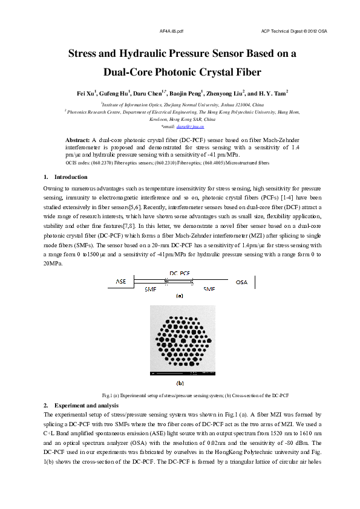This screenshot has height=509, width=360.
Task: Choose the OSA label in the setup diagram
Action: [241, 282]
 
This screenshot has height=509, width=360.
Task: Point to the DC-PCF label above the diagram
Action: [180, 274]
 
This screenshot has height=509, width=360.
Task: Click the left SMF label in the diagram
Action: [151, 290]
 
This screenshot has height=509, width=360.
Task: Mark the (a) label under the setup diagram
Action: [180, 296]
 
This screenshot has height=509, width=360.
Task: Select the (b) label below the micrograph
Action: [180, 383]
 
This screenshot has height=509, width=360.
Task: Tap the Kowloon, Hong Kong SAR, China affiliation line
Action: [180, 119]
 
